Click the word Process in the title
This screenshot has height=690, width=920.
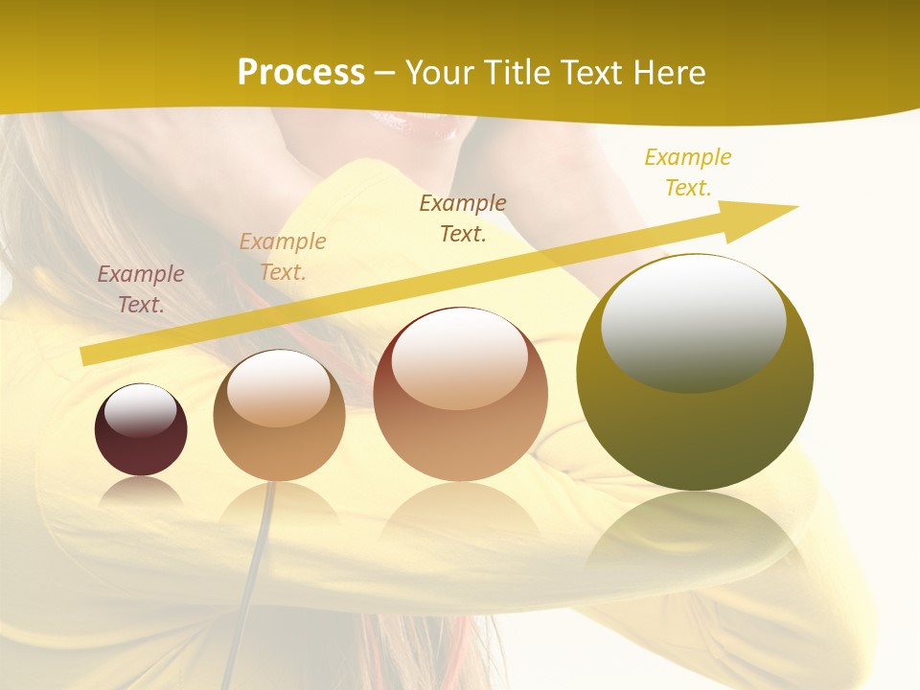pos(301,73)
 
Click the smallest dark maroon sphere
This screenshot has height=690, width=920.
pos(141,430)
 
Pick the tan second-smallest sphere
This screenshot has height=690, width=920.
pos(279,416)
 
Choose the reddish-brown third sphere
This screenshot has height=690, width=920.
pos(460,395)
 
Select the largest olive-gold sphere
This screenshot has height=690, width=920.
pos(695,372)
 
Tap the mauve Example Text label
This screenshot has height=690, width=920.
pos(141,289)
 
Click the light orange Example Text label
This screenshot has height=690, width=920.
pos(283,257)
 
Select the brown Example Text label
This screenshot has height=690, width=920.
pos(463,218)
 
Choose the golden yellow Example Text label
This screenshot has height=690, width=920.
pos(687,172)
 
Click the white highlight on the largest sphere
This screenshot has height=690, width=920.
pos(693,322)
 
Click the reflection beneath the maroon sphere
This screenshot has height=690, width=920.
pos(141,493)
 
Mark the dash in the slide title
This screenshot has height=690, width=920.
pos(385,74)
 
